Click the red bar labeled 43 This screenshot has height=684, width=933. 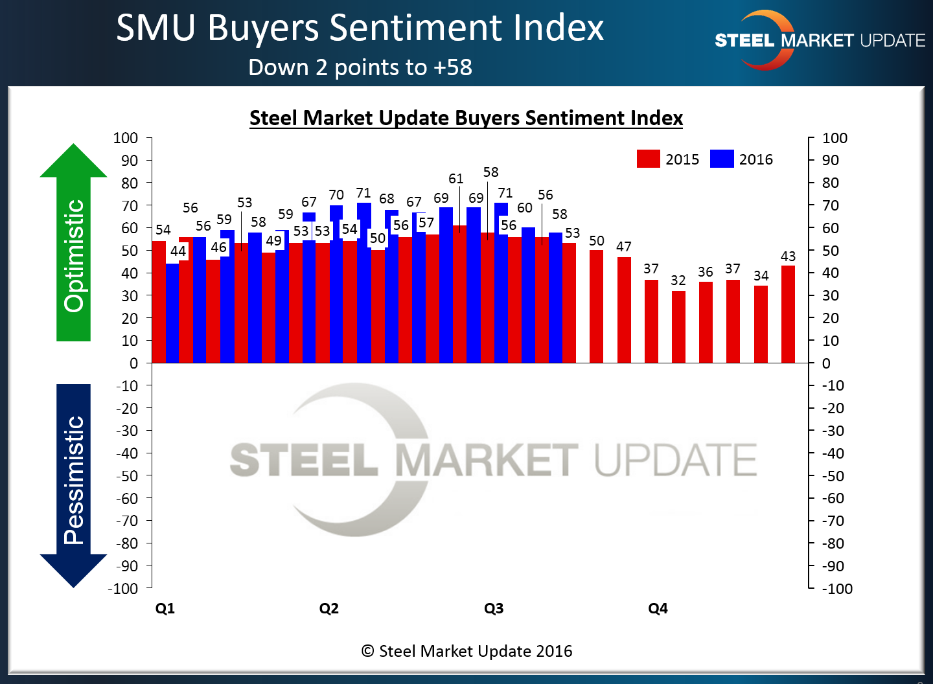[788, 314]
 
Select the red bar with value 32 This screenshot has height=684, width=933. [678, 326]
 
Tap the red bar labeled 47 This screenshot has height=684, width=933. [624, 310]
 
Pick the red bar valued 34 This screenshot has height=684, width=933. [761, 324]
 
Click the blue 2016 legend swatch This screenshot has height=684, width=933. [722, 159]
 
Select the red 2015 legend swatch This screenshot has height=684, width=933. [648, 159]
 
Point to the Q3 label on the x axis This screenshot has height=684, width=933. [494, 608]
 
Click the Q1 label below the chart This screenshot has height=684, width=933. [165, 608]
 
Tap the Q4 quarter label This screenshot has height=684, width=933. [658, 608]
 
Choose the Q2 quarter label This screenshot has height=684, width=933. [329, 608]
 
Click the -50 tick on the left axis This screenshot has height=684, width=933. [127, 475]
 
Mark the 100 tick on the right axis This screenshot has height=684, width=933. [835, 138]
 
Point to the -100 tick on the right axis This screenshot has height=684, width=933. [837, 589]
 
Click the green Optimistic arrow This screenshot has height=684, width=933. [73, 246]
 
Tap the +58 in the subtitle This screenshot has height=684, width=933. [453, 67]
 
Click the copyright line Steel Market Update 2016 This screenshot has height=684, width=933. [466, 651]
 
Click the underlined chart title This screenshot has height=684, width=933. [466, 118]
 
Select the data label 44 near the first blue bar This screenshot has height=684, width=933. [178, 251]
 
